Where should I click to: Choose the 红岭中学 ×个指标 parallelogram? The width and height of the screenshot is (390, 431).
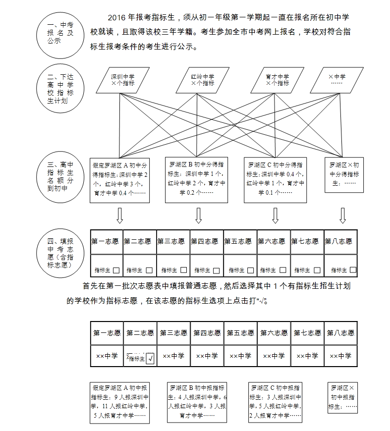coord(202,80)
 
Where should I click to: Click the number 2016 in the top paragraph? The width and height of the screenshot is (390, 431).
coord(117,17)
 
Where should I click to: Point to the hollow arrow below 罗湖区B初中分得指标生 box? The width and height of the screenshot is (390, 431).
coord(198,215)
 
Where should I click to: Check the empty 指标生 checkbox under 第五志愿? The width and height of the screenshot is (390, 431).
coord(250,270)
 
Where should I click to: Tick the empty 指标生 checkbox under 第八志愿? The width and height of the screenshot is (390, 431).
coord(352,270)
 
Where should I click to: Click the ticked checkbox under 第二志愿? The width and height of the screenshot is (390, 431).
coord(150,358)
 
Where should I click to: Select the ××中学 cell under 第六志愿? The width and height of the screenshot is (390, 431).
coord(274,356)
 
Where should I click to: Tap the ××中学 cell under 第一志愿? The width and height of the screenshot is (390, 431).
coord(107,356)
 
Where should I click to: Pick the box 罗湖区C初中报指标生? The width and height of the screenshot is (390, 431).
coord(275,402)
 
